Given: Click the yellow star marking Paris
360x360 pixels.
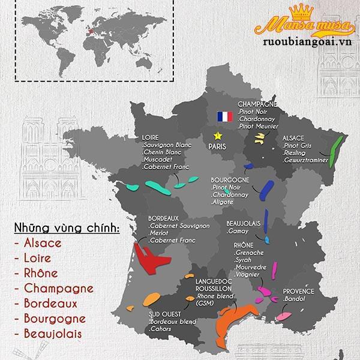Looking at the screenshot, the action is tap(217, 136).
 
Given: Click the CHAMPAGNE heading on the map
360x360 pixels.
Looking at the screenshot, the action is tap(257, 104).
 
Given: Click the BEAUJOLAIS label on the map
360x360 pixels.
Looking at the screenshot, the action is tap(243, 224).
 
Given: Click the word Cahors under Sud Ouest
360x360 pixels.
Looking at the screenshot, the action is tap(160, 329).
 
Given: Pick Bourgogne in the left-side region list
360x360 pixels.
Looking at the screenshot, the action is tap(47, 318).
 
